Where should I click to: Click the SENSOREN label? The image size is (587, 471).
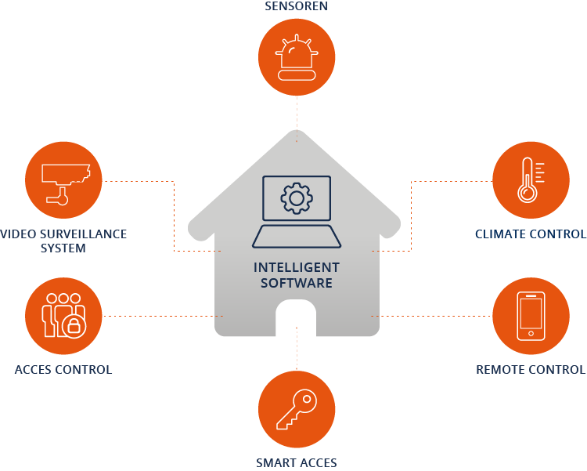click(x=296, y=6)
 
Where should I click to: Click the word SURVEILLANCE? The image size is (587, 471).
click(x=83, y=234)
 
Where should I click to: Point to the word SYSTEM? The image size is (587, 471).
click(x=63, y=248)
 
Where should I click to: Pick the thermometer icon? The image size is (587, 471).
click(x=531, y=180)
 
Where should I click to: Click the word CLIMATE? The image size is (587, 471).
click(x=501, y=234)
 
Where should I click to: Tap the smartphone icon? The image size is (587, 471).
click(x=531, y=316)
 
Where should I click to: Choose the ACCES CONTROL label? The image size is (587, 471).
click(x=63, y=370)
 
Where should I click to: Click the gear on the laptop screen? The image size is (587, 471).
click(x=297, y=198)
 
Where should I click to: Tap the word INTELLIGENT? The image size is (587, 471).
click(x=297, y=268)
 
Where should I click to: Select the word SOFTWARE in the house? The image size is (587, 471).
click(x=297, y=283)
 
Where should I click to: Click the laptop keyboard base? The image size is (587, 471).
click(x=297, y=237)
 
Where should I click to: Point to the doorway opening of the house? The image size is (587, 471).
click(x=296, y=318)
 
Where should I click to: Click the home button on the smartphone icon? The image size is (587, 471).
click(x=531, y=333)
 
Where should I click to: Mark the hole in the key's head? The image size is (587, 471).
click(x=307, y=399)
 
